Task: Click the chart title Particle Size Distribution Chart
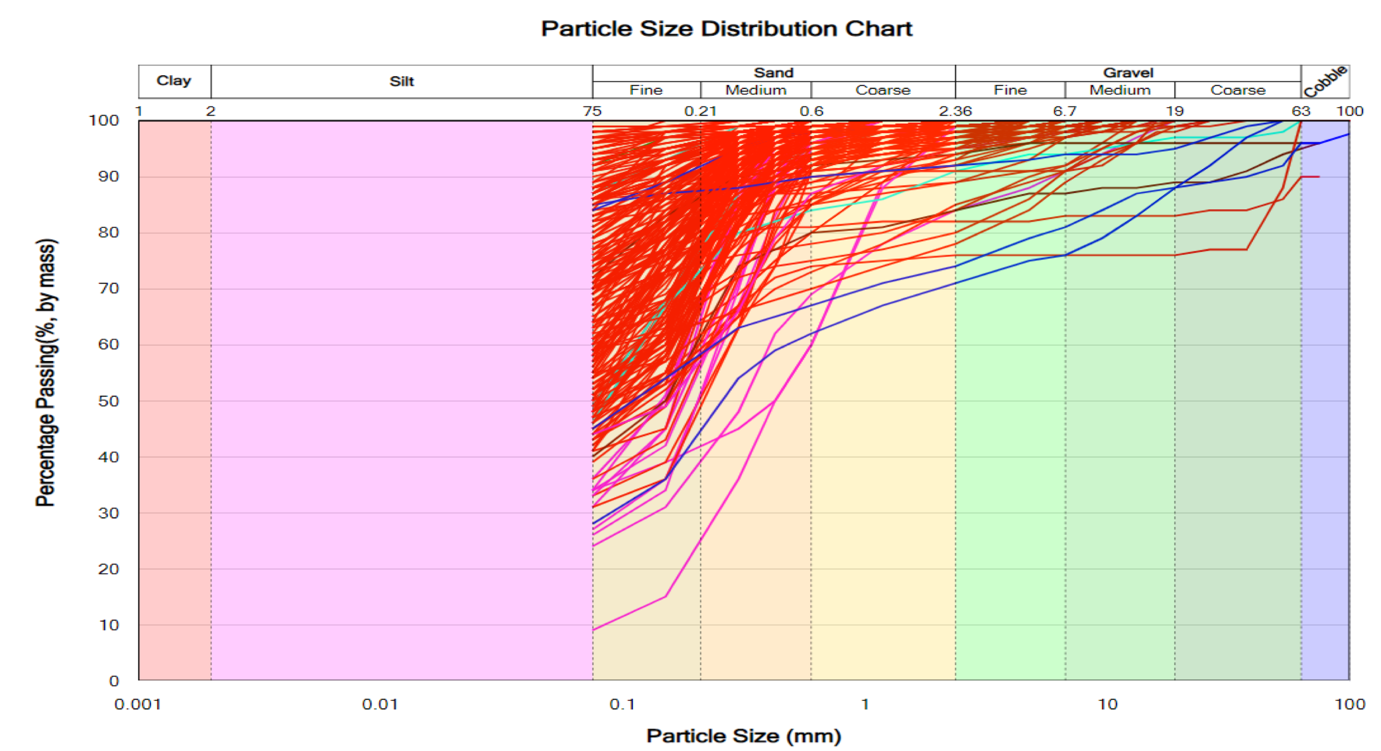(x=726, y=28)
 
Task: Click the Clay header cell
(x=174, y=81)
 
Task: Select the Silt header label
(x=401, y=82)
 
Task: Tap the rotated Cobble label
(x=1325, y=82)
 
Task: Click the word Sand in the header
(x=773, y=73)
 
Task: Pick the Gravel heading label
(x=1128, y=73)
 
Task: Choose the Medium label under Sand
(x=756, y=90)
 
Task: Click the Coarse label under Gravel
(x=1238, y=90)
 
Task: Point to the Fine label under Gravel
(x=1010, y=90)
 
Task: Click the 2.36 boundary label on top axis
(x=955, y=111)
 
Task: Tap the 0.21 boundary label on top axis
(x=700, y=111)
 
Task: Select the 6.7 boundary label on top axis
(x=1065, y=111)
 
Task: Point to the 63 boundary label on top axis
(x=1301, y=111)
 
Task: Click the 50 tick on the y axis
(x=108, y=401)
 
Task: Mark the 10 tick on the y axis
(x=109, y=625)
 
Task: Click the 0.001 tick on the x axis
(x=138, y=704)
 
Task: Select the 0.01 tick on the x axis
(x=380, y=704)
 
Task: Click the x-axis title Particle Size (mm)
(x=744, y=736)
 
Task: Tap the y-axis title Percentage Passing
(x=46, y=373)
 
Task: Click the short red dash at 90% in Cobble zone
(x=1310, y=177)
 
